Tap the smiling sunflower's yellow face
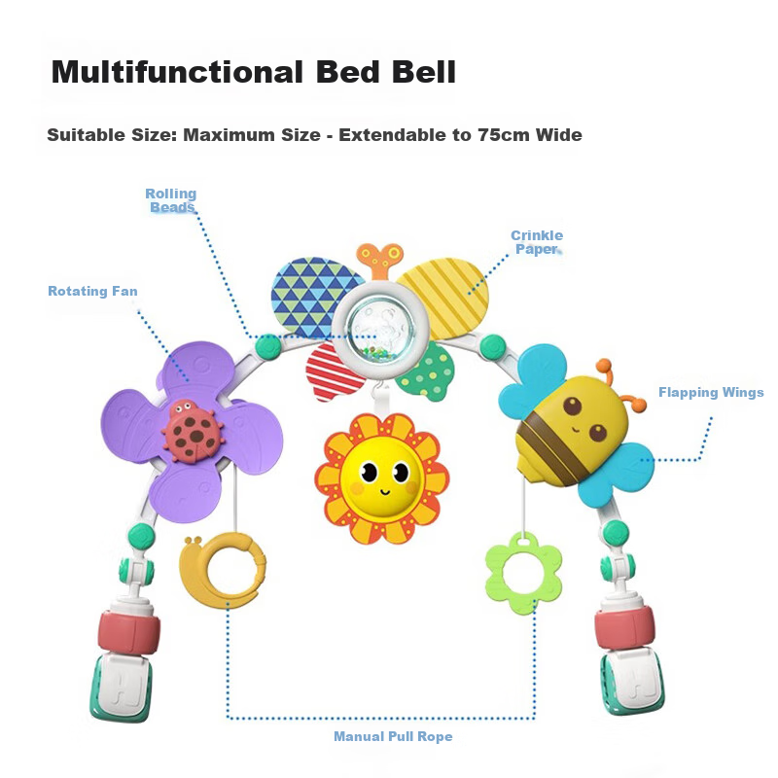[x=381, y=476]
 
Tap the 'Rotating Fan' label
[x=92, y=291]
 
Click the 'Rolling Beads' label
[x=171, y=200]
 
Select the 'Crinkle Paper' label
[x=537, y=242]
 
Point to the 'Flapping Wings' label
[x=711, y=393]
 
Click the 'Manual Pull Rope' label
[x=393, y=736]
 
